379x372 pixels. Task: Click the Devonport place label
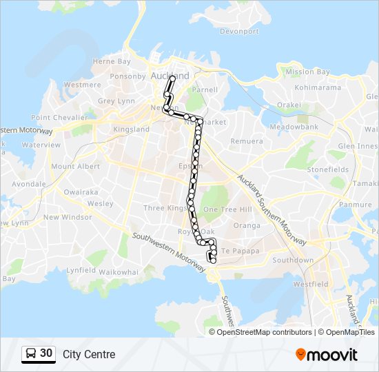[240, 32]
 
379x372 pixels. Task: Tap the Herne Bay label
[112, 61]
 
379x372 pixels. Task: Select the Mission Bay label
[309, 72]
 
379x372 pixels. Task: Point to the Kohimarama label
[318, 87]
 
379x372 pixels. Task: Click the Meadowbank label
[294, 127]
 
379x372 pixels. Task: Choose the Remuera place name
[247, 141]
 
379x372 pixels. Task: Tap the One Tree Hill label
[228, 209]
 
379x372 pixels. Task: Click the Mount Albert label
[75, 167]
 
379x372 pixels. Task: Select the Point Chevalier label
[60, 118]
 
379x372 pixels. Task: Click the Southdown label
[293, 260]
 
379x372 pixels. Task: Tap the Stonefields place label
[328, 169]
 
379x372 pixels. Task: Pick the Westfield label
[310, 284]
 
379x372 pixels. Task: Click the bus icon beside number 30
[31, 354]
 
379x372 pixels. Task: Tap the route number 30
[46, 353]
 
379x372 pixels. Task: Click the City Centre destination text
[89, 355]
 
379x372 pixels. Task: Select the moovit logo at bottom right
[327, 355]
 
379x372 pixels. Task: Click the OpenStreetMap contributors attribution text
[265, 332]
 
